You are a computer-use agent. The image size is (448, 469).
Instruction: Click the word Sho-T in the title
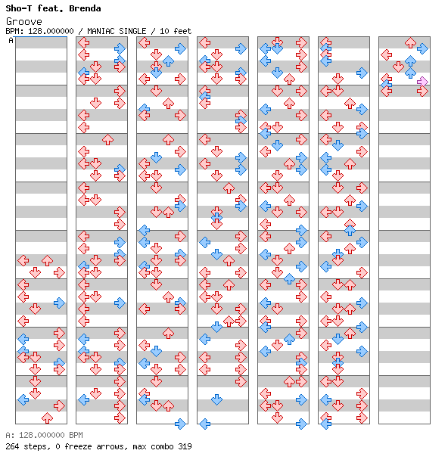coord(19,8)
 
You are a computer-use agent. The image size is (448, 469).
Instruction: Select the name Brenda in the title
coord(85,8)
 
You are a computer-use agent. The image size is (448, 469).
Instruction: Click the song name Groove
coord(24,21)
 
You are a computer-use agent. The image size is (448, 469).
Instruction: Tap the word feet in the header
coord(182,31)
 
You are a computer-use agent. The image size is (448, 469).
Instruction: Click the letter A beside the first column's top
coord(11,40)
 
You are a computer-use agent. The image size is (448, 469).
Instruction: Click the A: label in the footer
coord(10,435)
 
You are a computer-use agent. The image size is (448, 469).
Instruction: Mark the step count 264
coord(12,446)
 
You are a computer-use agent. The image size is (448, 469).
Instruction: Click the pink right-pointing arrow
coord(422,82)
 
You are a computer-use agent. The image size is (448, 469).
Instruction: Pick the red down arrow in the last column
coord(398,67)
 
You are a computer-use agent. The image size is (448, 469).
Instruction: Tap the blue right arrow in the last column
coord(422,48)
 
